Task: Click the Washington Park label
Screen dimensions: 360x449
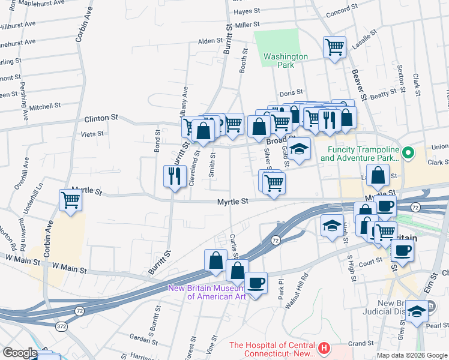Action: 286,61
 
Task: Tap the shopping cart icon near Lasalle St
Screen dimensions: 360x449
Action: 334,47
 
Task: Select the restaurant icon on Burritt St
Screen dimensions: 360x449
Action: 173,176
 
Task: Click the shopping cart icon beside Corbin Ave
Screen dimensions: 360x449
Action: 70,200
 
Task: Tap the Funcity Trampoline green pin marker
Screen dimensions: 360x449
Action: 409,154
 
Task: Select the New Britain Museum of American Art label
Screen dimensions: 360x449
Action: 208,292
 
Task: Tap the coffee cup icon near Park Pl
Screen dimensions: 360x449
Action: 257,283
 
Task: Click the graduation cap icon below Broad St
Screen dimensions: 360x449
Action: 299,149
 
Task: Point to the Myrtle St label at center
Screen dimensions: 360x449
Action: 233,202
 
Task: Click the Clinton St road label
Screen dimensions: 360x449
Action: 101,119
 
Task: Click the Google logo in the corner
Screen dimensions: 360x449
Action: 19,353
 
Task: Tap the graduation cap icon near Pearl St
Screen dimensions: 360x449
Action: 415,311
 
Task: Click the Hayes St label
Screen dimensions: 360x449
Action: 247,11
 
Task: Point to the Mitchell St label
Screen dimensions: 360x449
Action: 45,106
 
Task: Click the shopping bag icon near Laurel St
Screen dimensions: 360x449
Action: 378,176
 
